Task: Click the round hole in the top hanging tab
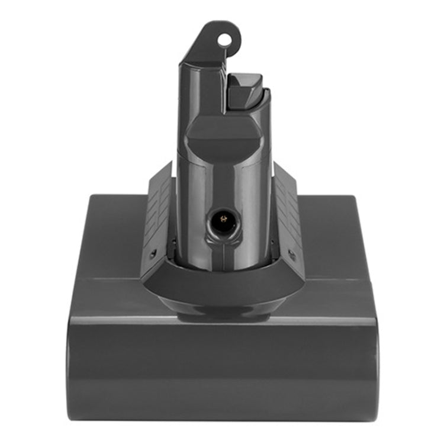tap(224, 40)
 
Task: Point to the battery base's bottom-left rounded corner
tap(74, 411)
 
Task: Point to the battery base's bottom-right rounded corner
tap(370, 411)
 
